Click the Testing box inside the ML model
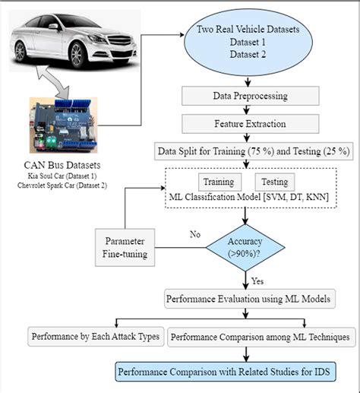tap(275, 182)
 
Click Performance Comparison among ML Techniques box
tap(260, 335)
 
